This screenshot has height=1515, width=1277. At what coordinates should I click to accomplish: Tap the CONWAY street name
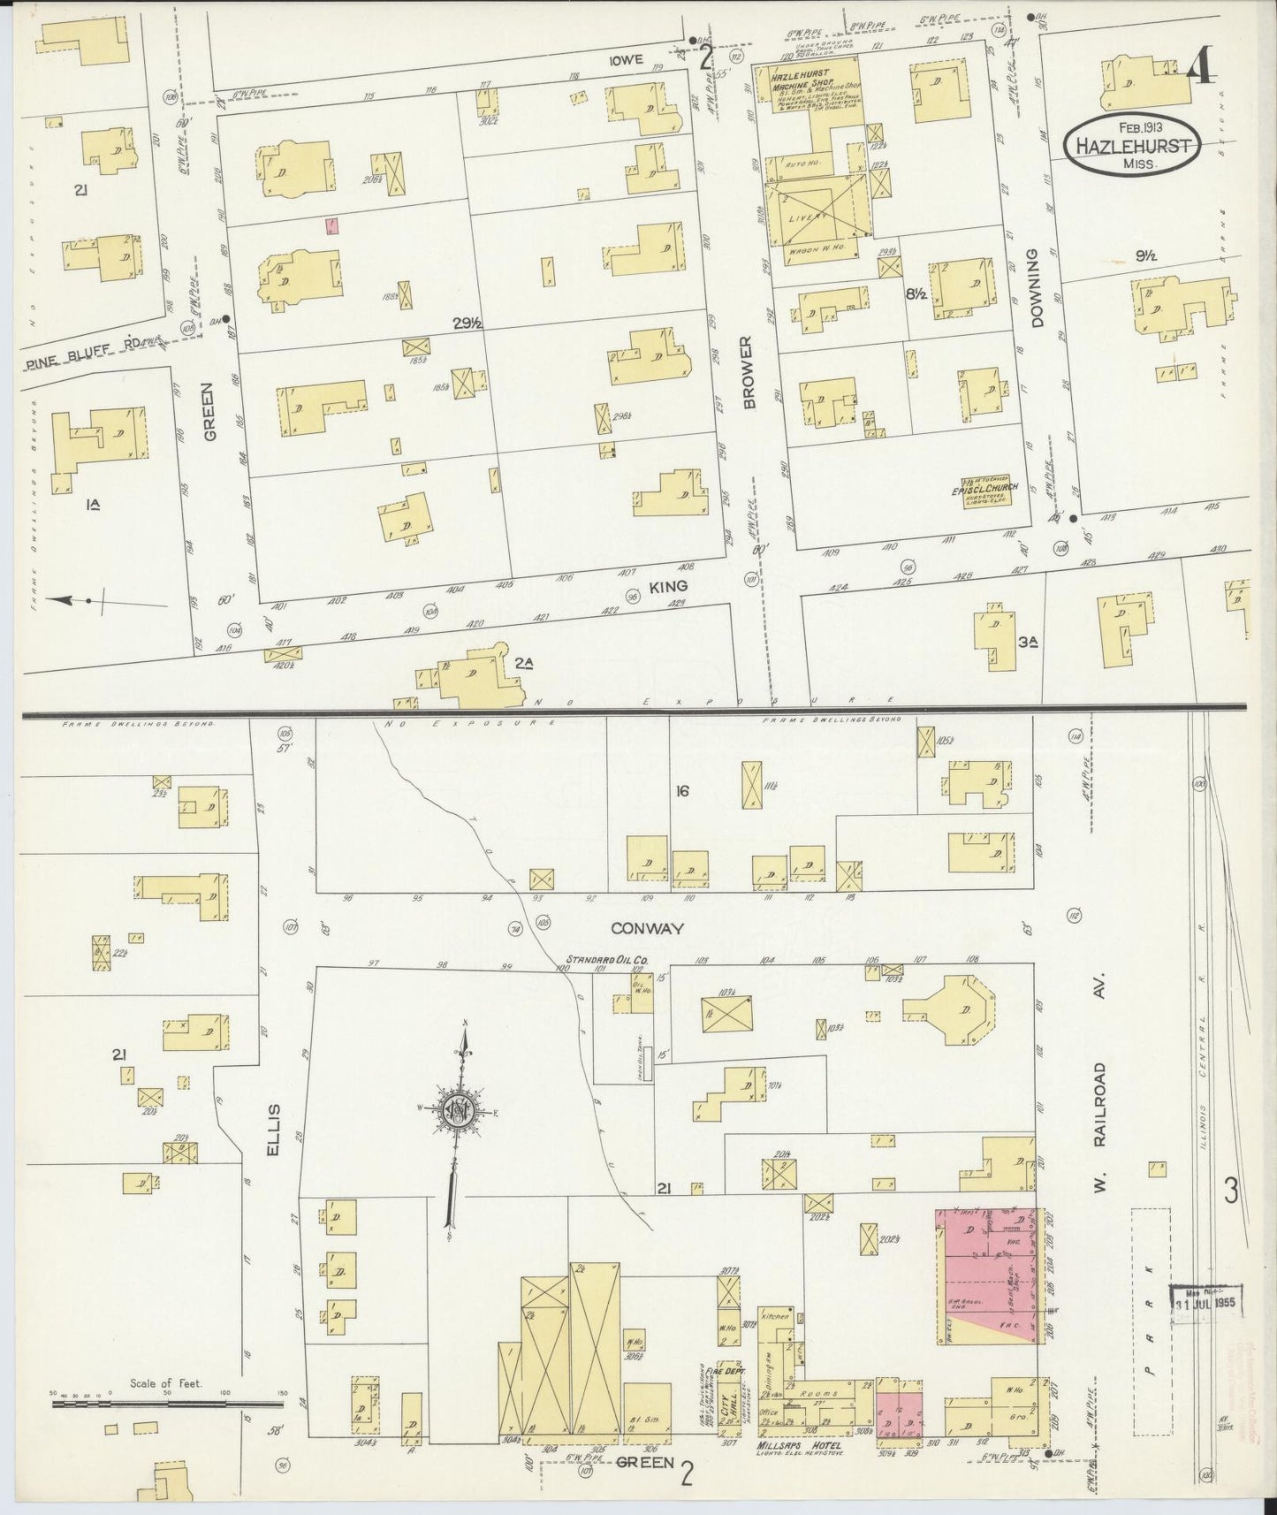coord(639,928)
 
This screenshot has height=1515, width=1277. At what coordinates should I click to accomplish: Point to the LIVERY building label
coord(813,215)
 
